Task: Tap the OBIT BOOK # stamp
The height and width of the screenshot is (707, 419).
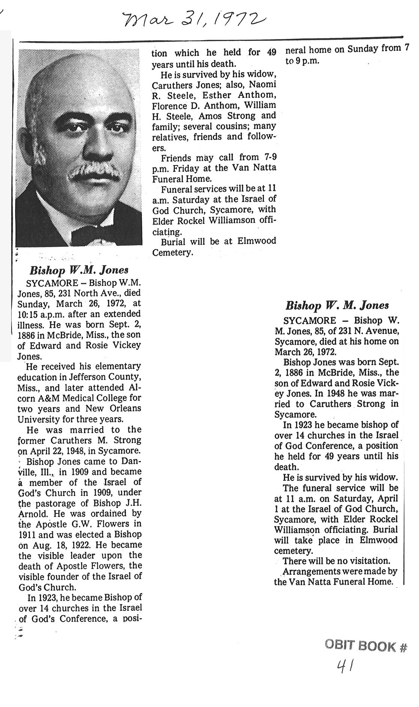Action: coord(365,646)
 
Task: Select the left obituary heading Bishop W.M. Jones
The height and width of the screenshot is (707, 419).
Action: coord(79,270)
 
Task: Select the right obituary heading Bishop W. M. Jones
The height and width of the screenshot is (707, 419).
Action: coord(337,306)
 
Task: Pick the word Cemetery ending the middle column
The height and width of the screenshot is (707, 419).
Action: coord(172,252)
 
